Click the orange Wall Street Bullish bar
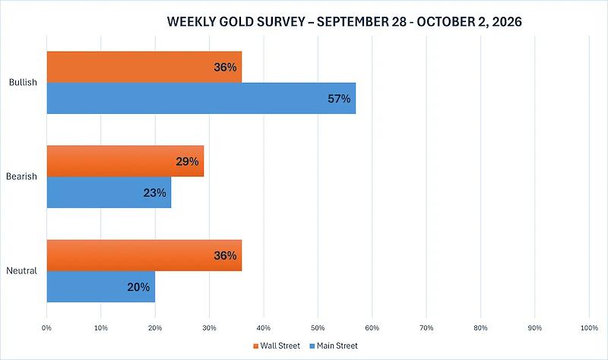point(144,67)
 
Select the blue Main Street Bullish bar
point(201,98)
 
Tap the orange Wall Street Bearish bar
point(125,161)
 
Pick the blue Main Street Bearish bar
point(109,192)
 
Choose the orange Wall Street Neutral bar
point(144,255)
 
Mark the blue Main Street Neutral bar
point(101,286)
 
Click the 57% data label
point(339,99)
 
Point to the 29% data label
point(187,162)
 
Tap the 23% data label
point(155,193)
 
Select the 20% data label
point(138,287)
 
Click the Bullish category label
point(23,82)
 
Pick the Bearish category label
point(21,176)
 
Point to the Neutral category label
point(21,270)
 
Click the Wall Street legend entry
point(277,346)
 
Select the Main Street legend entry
point(334,346)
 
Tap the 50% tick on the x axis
point(318,328)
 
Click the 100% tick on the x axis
point(589,328)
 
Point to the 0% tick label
point(46,328)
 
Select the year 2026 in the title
point(507,22)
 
